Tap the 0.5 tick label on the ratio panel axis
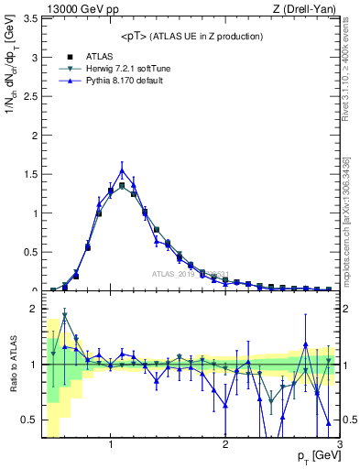(29, 420)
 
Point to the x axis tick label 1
(111, 445)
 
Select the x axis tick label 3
(339, 445)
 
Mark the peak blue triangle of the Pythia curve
(122, 169)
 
